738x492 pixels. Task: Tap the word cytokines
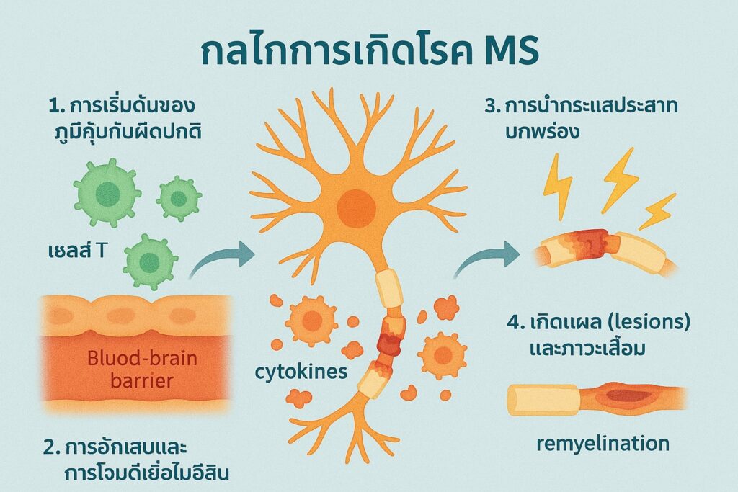(x=301, y=372)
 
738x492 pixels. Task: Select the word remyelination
(x=603, y=444)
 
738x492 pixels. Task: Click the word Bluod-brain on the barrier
(x=142, y=359)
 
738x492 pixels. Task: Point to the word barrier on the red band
(x=142, y=380)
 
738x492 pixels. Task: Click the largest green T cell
(x=107, y=192)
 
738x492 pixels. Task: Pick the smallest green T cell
(x=179, y=199)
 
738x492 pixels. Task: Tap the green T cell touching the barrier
(x=150, y=261)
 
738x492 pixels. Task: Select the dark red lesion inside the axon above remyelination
(x=628, y=395)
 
